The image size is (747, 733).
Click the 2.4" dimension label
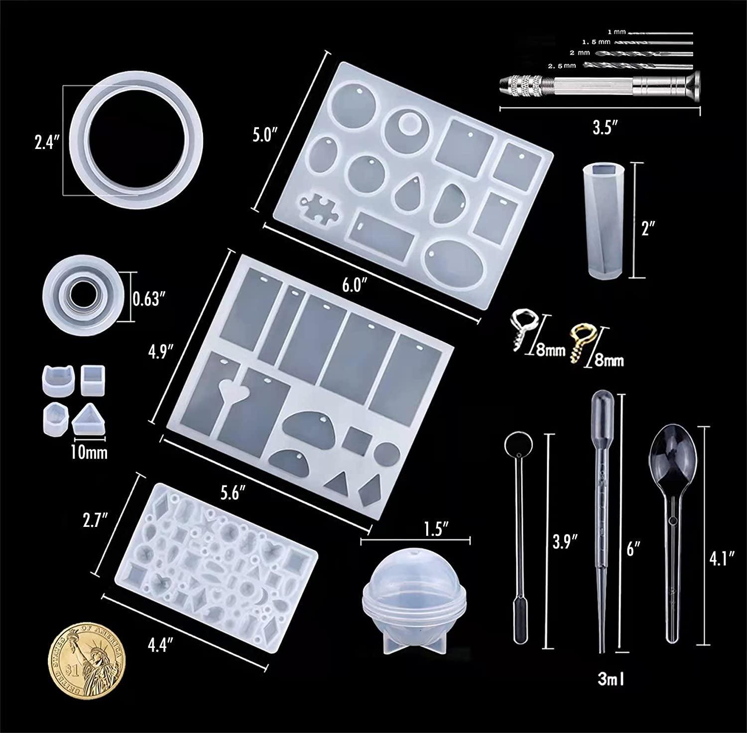click(46, 142)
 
